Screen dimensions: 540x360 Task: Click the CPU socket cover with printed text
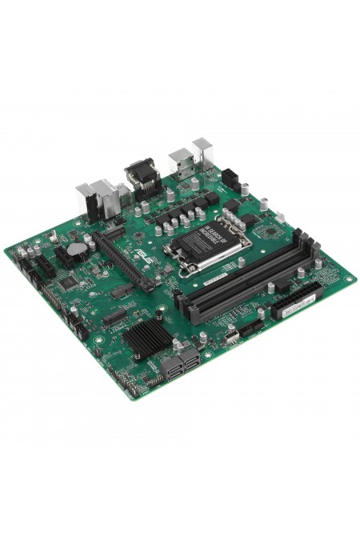(x=209, y=238)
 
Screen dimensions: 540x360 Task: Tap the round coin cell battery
(x=77, y=249)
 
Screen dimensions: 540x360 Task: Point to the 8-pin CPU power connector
(x=232, y=178)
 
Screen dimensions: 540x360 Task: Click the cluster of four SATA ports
(x=182, y=363)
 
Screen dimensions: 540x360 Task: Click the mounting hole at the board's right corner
(x=349, y=278)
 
